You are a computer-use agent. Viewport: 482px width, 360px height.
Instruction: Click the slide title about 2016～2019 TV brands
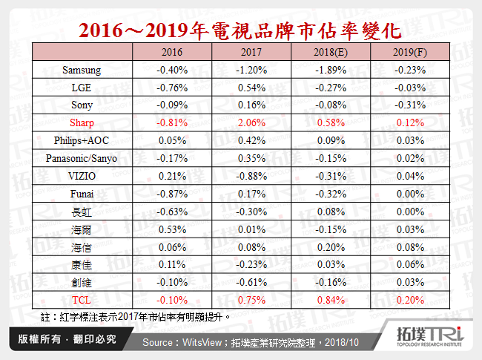240,30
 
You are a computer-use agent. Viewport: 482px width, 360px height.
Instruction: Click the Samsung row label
82,70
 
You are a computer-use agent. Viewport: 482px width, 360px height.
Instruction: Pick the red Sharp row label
82,122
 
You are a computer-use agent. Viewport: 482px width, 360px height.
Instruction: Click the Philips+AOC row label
82,140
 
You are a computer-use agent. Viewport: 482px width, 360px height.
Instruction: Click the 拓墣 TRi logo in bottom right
430,337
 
